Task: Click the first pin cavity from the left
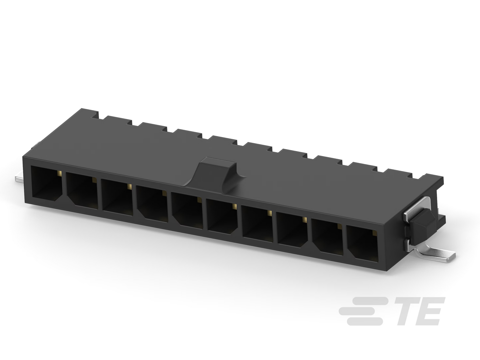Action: point(47,183)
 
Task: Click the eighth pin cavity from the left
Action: point(292,229)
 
